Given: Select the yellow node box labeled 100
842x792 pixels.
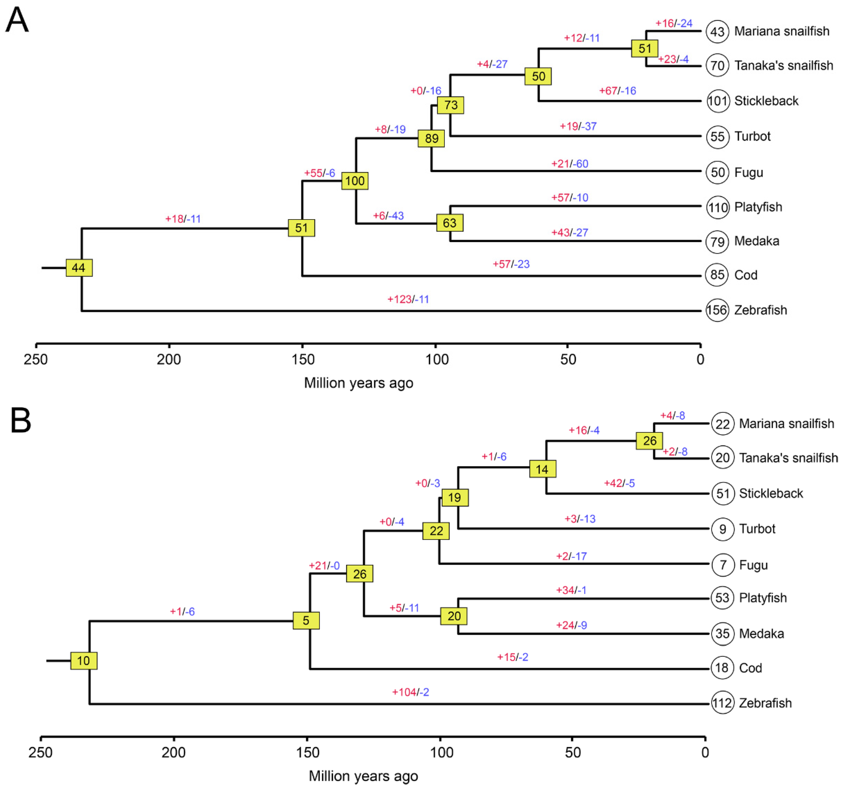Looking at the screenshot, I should [x=355, y=181].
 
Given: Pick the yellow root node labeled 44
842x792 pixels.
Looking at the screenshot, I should [x=79, y=268].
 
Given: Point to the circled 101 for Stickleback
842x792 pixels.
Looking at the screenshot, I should [x=718, y=101].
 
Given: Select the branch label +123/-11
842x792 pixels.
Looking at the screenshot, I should [x=408, y=300].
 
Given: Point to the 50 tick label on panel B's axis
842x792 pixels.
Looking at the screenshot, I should [x=573, y=753].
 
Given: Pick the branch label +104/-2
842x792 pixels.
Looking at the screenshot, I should [x=410, y=692].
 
